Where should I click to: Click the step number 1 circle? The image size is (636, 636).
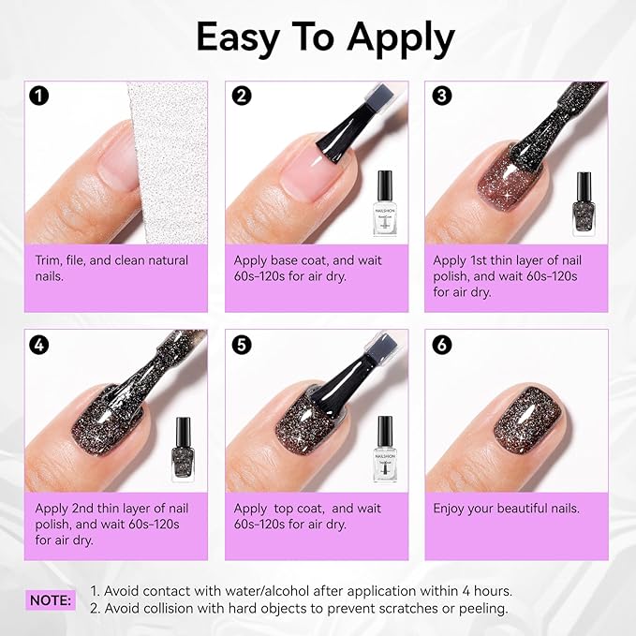tap(38, 95)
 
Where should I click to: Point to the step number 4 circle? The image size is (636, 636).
tap(38, 344)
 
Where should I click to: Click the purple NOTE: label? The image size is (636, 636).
tap(51, 599)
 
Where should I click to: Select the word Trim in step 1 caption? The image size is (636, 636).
tap(52, 260)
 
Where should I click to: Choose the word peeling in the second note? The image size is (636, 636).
tap(480, 608)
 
